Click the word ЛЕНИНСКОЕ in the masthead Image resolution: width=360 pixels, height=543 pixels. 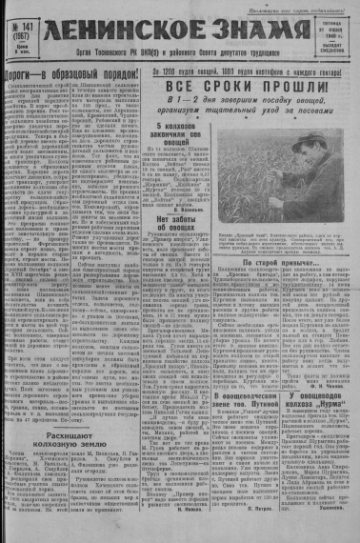pyautogui.click(x=123, y=30)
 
